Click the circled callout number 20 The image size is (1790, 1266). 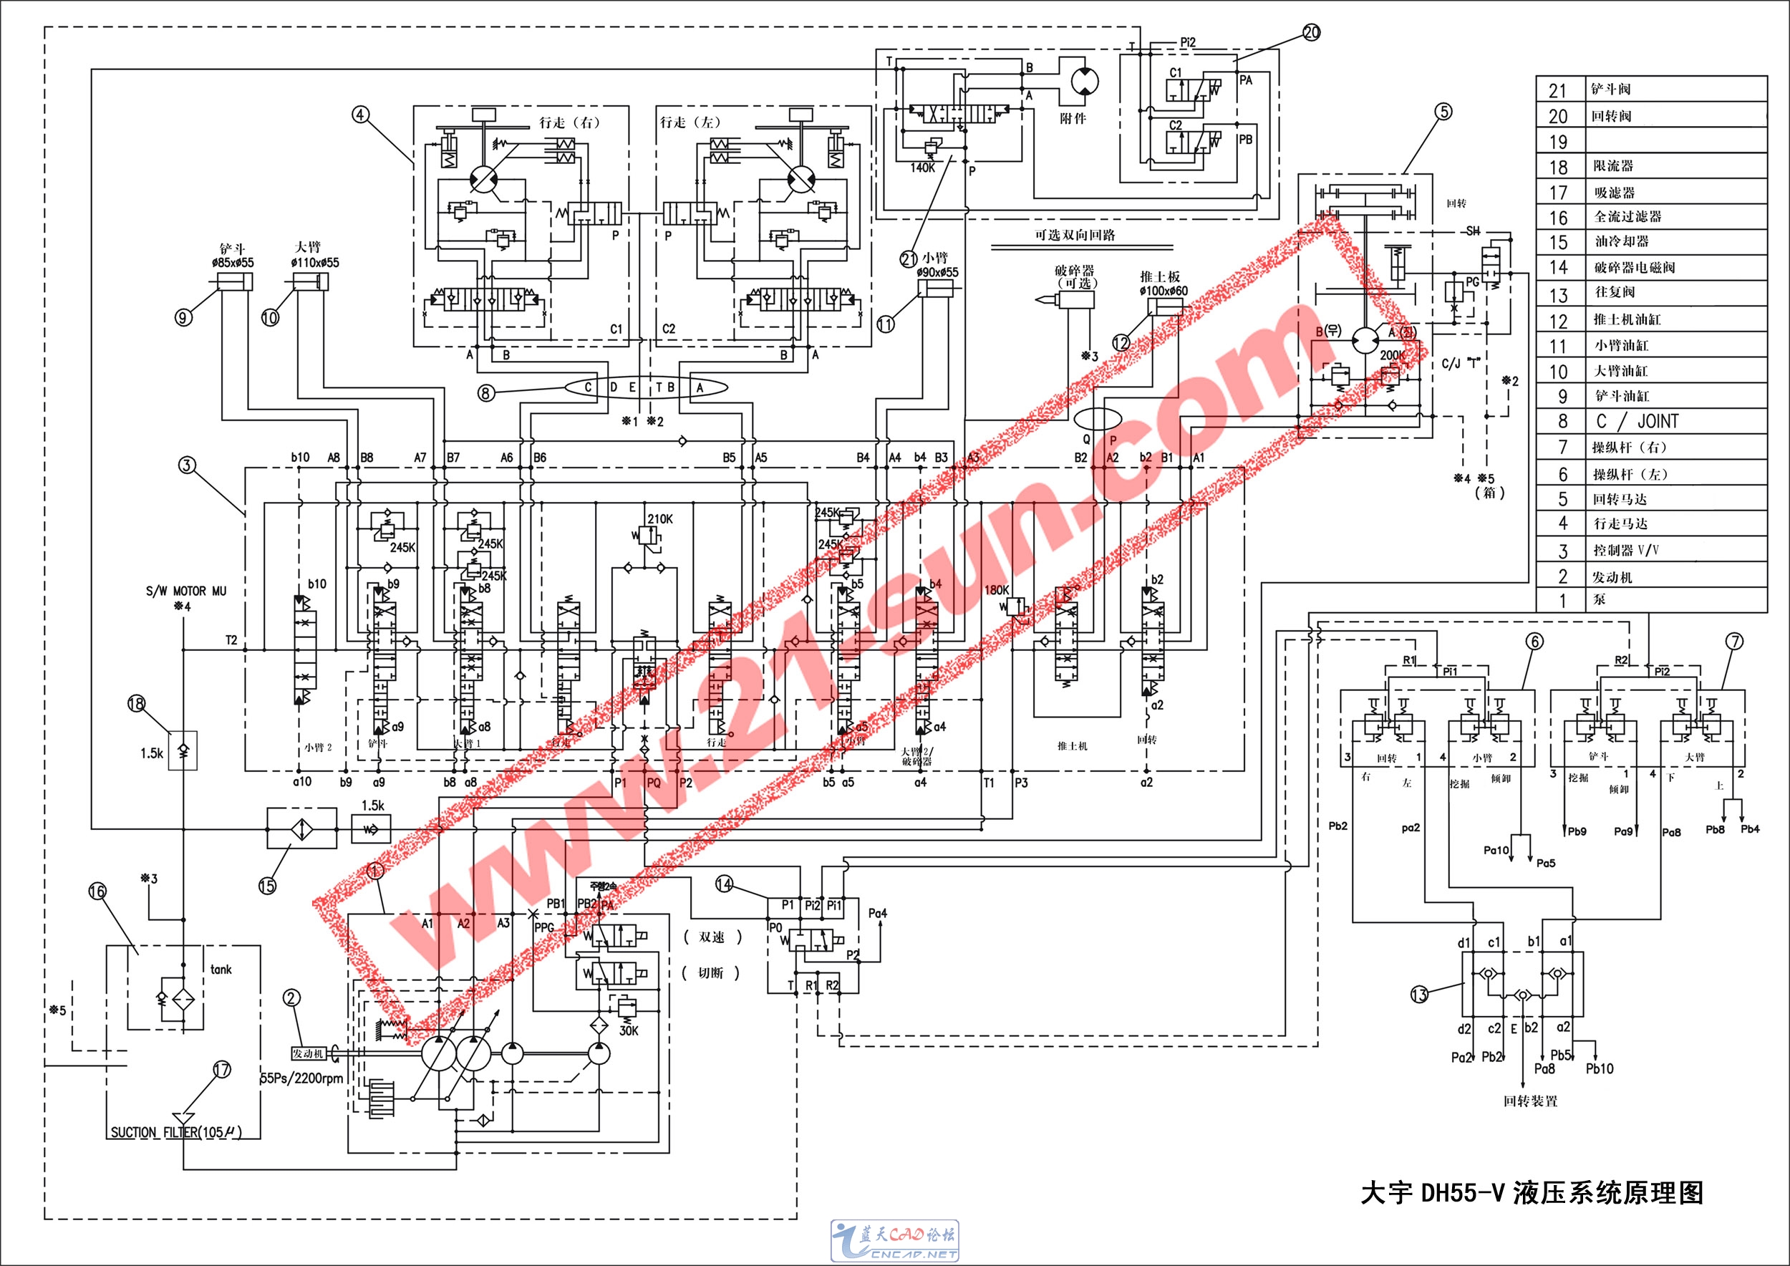pyautogui.click(x=1311, y=32)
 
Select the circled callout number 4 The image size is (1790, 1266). pyautogui.click(x=359, y=115)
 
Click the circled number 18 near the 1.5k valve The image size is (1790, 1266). pyautogui.click(x=137, y=704)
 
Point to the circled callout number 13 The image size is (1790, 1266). pyautogui.click(x=1419, y=995)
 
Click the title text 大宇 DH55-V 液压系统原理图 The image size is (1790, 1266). pyautogui.click(x=1532, y=1193)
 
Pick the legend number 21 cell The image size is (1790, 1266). pyautogui.click(x=1558, y=90)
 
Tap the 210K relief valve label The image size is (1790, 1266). pyautogui.click(x=659, y=519)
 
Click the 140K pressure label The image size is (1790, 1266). pyautogui.click(x=922, y=168)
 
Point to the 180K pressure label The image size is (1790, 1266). pyautogui.click(x=997, y=590)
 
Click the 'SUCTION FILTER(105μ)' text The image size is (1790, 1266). pyautogui.click(x=176, y=1132)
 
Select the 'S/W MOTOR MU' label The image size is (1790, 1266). pyautogui.click(x=185, y=591)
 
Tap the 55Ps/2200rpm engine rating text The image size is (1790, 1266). pyautogui.click(x=301, y=1079)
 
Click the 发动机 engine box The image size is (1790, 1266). pyautogui.click(x=308, y=1053)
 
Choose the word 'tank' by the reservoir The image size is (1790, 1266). pyautogui.click(x=221, y=970)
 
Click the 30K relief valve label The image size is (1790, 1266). pyautogui.click(x=629, y=1030)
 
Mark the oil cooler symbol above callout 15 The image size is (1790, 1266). pyautogui.click(x=301, y=828)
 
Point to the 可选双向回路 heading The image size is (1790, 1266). pyautogui.click(x=1075, y=236)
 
